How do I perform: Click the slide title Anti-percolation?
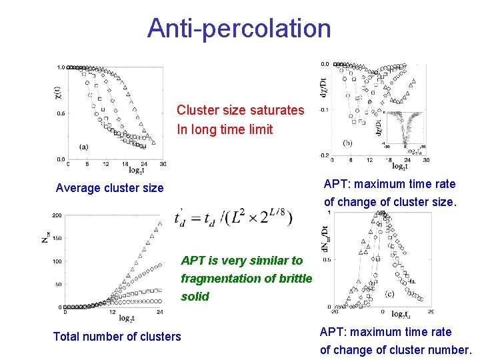pyautogui.click(x=239, y=28)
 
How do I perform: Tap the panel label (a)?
pyautogui.click(x=84, y=147)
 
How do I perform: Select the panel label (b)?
pyautogui.click(x=347, y=143)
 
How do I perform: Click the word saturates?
pyautogui.click(x=275, y=110)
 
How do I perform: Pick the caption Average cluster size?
pyautogui.click(x=109, y=188)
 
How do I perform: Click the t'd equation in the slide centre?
pyautogui.click(x=233, y=218)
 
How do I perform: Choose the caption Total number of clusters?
pyautogui.click(x=117, y=337)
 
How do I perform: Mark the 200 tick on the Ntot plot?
pyautogui.click(x=57, y=215)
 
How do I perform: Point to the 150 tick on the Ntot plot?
pyautogui.click(x=57, y=238)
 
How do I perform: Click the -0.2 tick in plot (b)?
pyautogui.click(x=323, y=155)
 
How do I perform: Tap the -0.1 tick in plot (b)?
pyautogui.click(x=323, y=109)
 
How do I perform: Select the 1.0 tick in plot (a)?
pyautogui.click(x=60, y=67)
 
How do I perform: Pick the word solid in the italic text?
pyautogui.click(x=195, y=297)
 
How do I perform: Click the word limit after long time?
pyautogui.click(x=261, y=129)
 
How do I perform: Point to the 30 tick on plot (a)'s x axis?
pyautogui.click(x=163, y=164)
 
